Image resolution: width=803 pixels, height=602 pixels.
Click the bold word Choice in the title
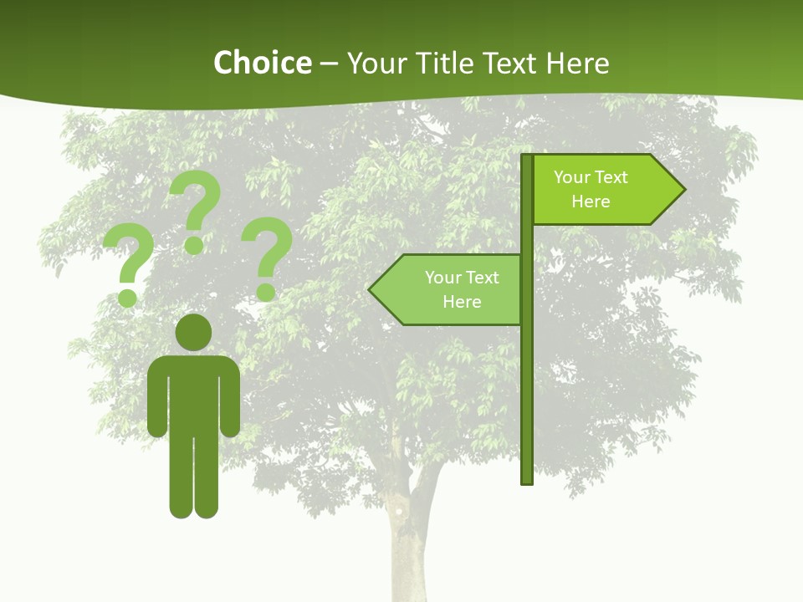point(262,63)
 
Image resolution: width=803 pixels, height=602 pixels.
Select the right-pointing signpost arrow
point(606,190)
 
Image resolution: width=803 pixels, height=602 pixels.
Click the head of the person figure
point(193,332)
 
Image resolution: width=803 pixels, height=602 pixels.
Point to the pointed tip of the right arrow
point(682,190)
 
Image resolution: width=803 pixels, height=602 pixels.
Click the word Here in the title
point(577,63)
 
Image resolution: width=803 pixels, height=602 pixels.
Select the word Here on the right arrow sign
point(591,202)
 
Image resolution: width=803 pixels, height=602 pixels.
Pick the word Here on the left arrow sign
point(462,302)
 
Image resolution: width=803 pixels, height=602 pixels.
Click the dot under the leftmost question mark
point(127,297)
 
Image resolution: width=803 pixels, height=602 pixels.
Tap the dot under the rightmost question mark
point(266,293)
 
